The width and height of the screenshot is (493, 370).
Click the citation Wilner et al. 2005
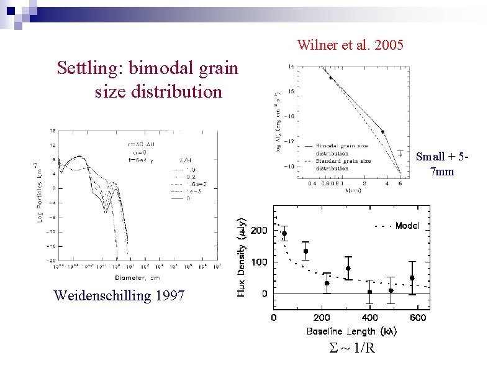pyautogui.click(x=350, y=45)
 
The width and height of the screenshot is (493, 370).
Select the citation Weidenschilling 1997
pyautogui.click(x=119, y=295)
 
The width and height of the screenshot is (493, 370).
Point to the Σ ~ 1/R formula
pyautogui.click(x=352, y=348)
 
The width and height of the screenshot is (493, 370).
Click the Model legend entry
pyautogui.click(x=407, y=226)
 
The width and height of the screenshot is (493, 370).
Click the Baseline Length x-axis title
pyautogui.click(x=351, y=331)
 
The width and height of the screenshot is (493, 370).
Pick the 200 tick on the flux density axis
pyautogui.click(x=259, y=231)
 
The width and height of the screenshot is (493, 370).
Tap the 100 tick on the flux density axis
pyautogui.click(x=259, y=262)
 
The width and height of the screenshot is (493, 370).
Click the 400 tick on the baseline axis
pyautogui.click(x=369, y=318)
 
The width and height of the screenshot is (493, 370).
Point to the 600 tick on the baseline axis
pyautogui.click(x=417, y=318)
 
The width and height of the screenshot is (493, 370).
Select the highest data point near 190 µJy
pyautogui.click(x=284, y=234)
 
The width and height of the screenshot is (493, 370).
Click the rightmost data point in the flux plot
pyautogui.click(x=412, y=278)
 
